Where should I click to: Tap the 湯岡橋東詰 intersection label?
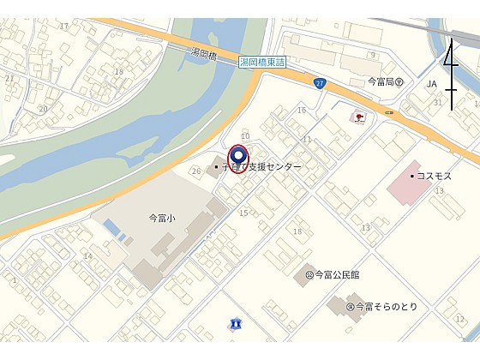[267, 63]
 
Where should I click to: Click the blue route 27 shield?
[319, 83]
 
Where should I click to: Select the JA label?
[432, 84]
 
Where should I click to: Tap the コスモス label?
[434, 175]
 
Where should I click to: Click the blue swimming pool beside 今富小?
[112, 229]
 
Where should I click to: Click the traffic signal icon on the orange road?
[389, 112]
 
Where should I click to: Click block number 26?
[195, 171]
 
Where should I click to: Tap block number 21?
[9, 78]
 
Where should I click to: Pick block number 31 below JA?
[437, 103]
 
